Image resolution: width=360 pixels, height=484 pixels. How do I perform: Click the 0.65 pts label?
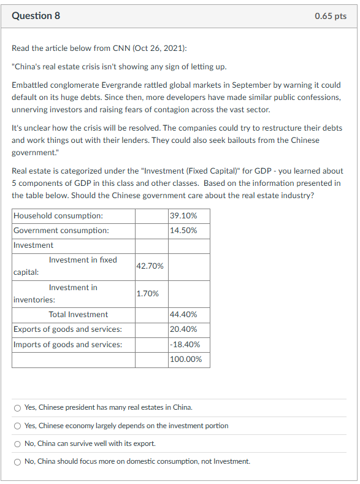(x=331, y=16)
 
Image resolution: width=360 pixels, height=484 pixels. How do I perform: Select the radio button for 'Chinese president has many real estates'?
(x=18, y=407)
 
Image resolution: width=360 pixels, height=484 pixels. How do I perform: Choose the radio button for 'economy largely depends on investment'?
(x=18, y=426)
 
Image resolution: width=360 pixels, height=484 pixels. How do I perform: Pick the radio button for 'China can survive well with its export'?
(x=18, y=444)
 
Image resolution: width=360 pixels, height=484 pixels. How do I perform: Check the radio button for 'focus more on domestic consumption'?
(x=18, y=461)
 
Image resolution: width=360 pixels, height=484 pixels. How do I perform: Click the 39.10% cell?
(x=182, y=216)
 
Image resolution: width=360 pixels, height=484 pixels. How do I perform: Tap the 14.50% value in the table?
(x=182, y=231)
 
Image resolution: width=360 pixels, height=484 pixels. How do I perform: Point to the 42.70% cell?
(x=150, y=266)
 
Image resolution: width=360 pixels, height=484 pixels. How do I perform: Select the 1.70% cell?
(x=148, y=293)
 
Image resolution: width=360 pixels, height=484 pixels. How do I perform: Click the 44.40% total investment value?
(x=182, y=315)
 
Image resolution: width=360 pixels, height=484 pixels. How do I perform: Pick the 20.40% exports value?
(x=182, y=329)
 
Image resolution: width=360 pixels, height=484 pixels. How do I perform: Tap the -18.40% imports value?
(x=183, y=345)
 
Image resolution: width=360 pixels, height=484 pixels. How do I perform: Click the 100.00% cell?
(x=185, y=359)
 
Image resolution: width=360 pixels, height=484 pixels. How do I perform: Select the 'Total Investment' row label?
(x=79, y=315)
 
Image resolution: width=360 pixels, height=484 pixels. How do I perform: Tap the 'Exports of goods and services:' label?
(x=67, y=329)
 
